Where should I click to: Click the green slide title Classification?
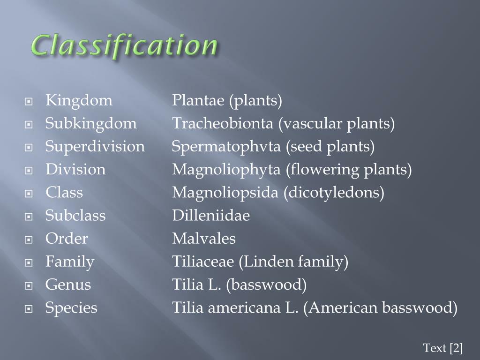tap(124, 45)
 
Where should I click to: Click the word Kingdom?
tap(79, 101)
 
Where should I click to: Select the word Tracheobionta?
tap(223, 123)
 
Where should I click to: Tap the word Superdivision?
tap(95, 147)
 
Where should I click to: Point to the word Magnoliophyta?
tap(226, 170)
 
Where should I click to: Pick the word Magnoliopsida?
tap(225, 193)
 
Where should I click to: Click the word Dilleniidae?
tap(211, 215)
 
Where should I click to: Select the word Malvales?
tap(204, 239)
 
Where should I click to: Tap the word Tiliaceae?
tap(203, 262)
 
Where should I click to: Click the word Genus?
tap(68, 285)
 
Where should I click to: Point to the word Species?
tap(71, 308)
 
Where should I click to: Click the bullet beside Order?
tap(29, 240)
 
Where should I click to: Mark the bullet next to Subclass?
tap(29, 217)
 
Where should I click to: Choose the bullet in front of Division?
tap(29, 171)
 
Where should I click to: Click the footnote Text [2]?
tap(442, 348)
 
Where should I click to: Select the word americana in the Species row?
tap(244, 307)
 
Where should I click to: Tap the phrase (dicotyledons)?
tap(334, 193)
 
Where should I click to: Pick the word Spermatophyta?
tap(226, 147)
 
